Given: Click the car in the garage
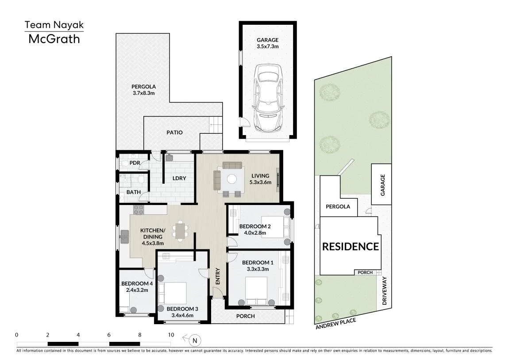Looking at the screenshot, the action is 268,97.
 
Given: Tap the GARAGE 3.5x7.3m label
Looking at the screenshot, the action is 267,43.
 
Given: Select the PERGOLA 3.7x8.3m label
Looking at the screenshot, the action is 143,89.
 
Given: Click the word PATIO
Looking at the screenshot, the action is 174,132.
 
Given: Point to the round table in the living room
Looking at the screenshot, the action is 232,179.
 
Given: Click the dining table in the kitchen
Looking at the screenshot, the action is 180,231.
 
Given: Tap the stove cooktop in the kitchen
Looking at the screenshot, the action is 139,210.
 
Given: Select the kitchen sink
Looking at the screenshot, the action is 124,236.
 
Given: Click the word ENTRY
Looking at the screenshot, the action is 218,276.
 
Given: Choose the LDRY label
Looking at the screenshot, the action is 179,178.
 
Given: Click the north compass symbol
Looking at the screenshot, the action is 194,340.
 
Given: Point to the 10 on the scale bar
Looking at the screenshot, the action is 171,335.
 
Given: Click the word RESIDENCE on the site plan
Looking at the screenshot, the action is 350,246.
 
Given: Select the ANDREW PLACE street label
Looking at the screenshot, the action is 335,324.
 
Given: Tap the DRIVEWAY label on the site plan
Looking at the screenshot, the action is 385,290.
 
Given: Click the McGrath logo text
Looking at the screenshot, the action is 54,39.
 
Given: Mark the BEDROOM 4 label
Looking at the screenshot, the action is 137,283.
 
